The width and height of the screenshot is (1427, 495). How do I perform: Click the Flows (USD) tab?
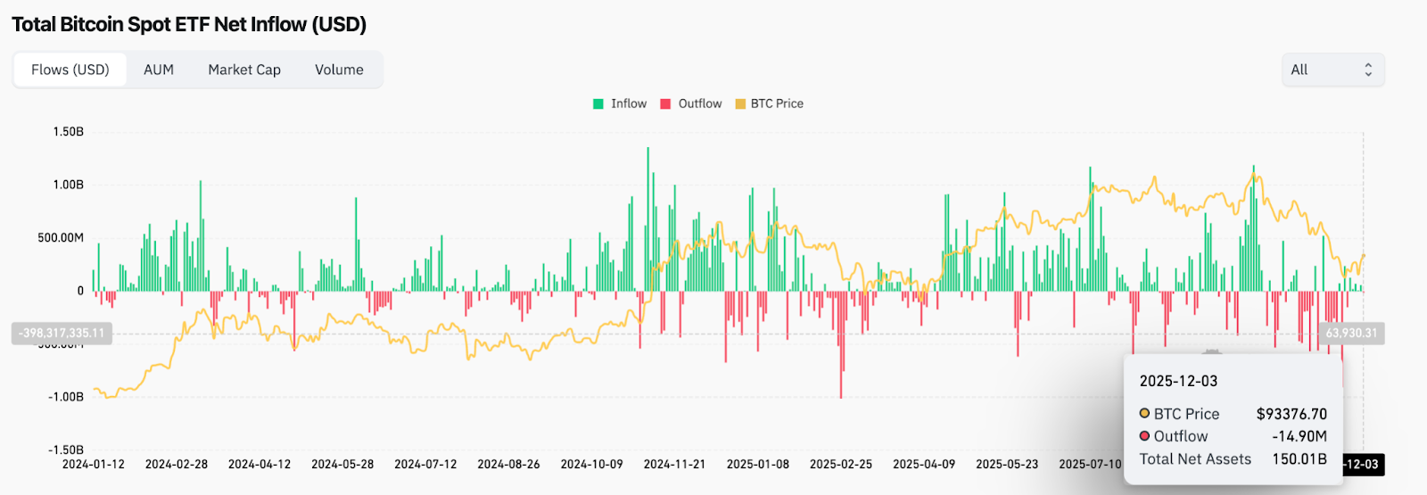[70, 70]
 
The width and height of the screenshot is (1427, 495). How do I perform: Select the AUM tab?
[159, 70]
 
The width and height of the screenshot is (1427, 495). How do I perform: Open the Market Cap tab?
[244, 70]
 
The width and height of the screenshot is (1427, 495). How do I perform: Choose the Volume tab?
[339, 70]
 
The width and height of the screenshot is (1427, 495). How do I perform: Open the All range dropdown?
[1332, 70]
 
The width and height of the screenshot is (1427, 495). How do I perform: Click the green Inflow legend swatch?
[598, 104]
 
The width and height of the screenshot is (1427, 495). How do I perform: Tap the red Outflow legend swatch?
[665, 104]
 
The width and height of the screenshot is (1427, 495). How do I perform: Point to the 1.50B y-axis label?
[69, 132]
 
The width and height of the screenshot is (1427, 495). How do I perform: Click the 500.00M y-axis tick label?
[61, 238]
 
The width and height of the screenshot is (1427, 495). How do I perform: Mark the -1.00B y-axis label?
[66, 397]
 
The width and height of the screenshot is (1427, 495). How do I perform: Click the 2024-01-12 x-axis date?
[94, 465]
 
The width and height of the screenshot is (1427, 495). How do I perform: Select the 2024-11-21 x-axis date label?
[674, 465]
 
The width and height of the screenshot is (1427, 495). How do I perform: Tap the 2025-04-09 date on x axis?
[924, 465]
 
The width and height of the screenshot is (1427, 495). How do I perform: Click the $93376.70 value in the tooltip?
[1291, 414]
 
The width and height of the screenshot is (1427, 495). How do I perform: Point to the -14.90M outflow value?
[1299, 436]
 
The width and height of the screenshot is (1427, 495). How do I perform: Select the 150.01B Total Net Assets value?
[1299, 459]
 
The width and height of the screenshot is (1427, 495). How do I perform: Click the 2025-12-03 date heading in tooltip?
[1178, 381]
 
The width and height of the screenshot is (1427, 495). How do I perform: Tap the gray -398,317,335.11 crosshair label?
[62, 334]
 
